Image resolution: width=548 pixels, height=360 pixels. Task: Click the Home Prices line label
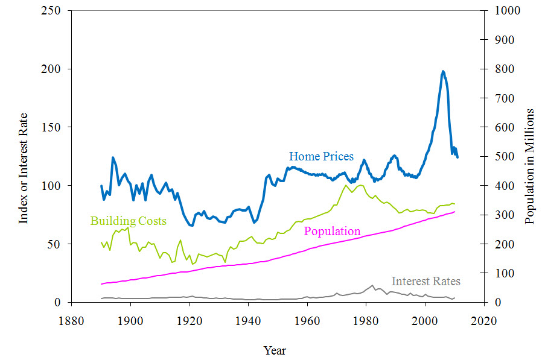[x=321, y=157]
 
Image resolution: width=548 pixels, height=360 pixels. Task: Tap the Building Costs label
[x=128, y=221]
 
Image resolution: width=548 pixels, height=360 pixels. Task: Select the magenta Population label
[x=332, y=231]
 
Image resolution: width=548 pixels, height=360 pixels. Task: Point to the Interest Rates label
[x=425, y=282]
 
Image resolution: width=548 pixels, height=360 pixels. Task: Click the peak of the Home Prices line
[x=443, y=71]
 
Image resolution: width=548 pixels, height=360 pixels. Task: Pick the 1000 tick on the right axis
[x=507, y=11]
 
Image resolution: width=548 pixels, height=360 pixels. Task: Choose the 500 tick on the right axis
[x=505, y=156]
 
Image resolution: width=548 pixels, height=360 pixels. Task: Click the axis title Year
[x=275, y=350]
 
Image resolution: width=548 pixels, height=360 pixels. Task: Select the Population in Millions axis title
[x=530, y=166]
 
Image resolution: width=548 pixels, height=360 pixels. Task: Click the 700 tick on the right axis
[x=505, y=98]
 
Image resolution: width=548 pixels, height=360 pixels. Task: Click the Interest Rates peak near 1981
[x=372, y=285]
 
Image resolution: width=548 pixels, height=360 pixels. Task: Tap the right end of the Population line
[x=454, y=211]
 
